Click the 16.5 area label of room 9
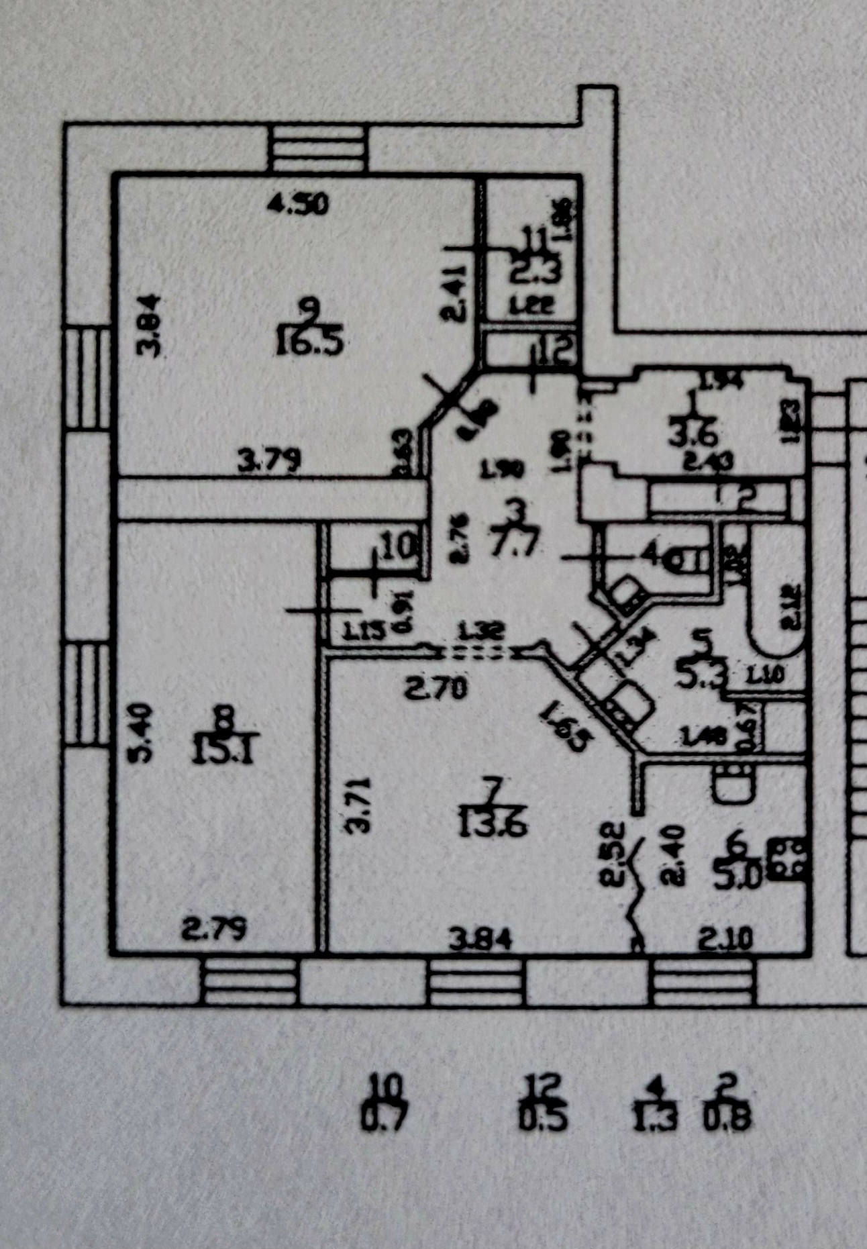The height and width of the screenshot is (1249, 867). click(309, 344)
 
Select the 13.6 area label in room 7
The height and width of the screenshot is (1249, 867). click(493, 823)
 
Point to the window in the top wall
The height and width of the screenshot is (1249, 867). click(317, 149)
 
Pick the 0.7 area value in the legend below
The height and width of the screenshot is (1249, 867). click(384, 1119)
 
